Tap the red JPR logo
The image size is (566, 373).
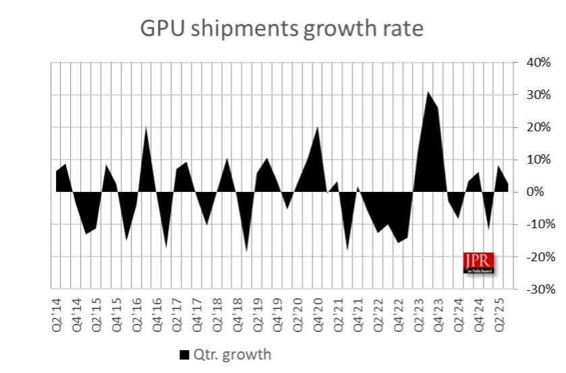[479, 263]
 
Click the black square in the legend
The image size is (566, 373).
[183, 353]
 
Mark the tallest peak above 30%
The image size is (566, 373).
[427, 92]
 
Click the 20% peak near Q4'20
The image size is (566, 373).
[318, 127]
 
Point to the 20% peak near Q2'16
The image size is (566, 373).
[146, 127]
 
